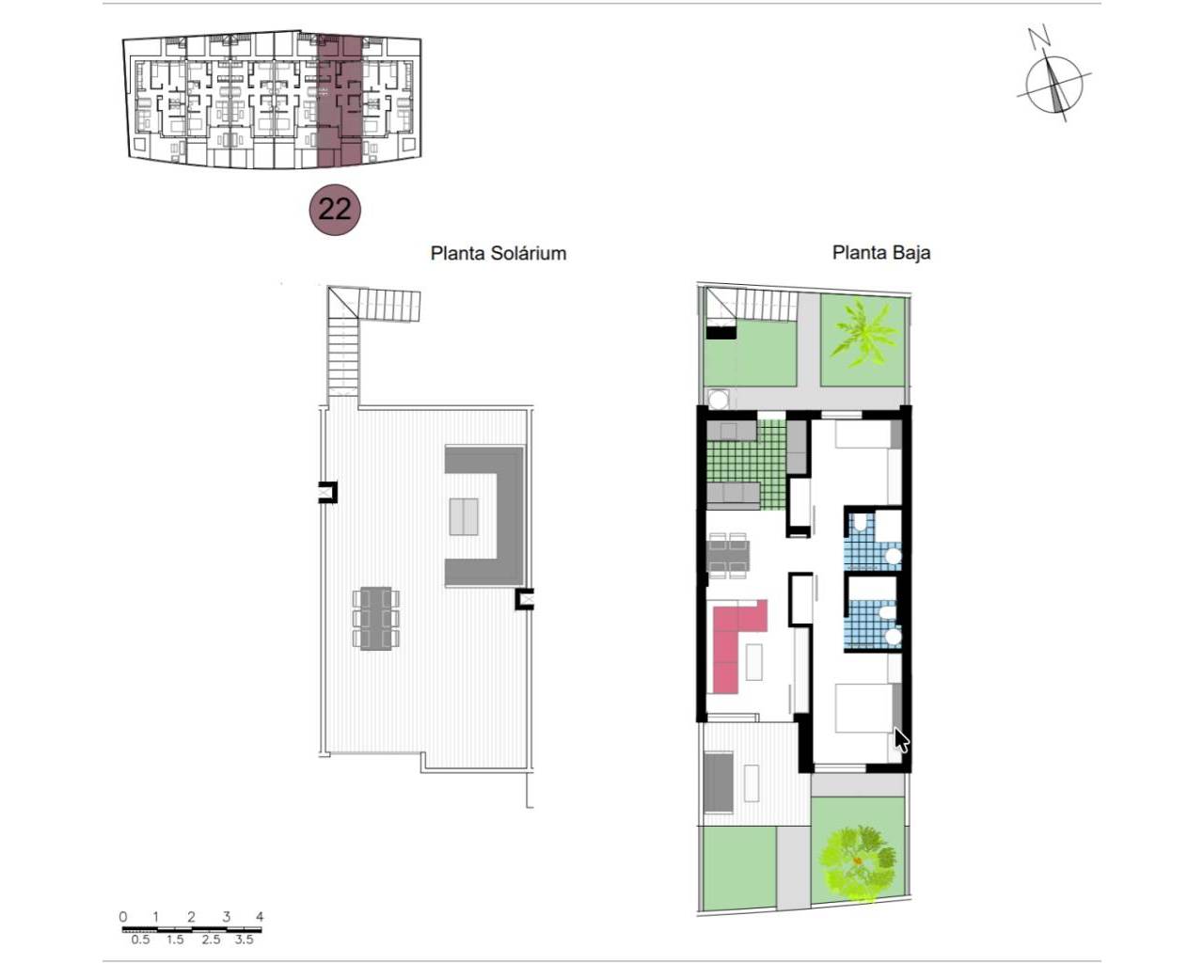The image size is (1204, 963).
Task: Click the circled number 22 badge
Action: point(335,210)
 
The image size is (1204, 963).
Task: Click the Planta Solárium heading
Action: point(498,254)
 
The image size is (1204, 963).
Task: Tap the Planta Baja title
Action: point(881,253)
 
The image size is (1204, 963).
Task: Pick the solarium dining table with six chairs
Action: point(376,618)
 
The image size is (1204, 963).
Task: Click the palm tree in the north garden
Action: point(863,336)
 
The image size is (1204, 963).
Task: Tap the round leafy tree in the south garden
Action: point(857,865)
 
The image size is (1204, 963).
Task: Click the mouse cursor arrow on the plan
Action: point(900,740)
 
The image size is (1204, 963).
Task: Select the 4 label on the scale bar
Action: point(259,917)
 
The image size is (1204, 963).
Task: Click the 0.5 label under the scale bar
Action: point(140,939)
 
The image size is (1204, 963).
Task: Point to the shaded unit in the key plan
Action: point(339,101)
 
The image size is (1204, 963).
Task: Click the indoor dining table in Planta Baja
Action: point(728,556)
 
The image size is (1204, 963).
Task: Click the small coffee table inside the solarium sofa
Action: point(464,516)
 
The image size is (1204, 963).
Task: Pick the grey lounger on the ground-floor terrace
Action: point(719,781)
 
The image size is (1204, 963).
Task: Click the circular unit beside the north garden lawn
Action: point(718,399)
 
